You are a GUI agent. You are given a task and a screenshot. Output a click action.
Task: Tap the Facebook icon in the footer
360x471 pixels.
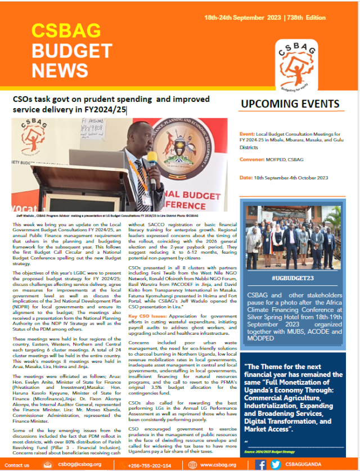[x=260, y=464]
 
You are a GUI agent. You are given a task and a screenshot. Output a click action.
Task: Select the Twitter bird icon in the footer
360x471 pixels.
[x=276, y=464]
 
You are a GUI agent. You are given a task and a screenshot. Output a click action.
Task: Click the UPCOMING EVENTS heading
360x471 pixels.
[x=290, y=104]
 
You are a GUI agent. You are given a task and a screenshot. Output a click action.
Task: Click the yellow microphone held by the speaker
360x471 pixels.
[x=150, y=160]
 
